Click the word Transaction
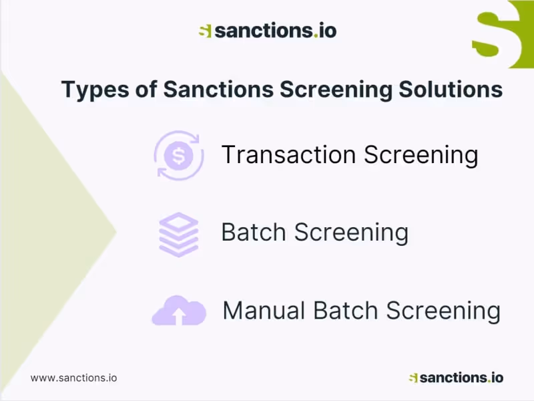[288, 154]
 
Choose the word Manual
[264, 310]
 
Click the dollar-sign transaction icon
[178, 155]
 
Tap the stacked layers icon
[179, 234]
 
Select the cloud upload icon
[179, 311]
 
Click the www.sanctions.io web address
[73, 377]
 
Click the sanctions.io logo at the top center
[267, 30]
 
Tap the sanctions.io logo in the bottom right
[456, 378]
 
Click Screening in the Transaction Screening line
[421, 154]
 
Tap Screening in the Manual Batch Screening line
[443, 310]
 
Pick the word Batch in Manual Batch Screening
[346, 310]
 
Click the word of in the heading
[146, 89]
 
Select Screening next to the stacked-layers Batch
[351, 232]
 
